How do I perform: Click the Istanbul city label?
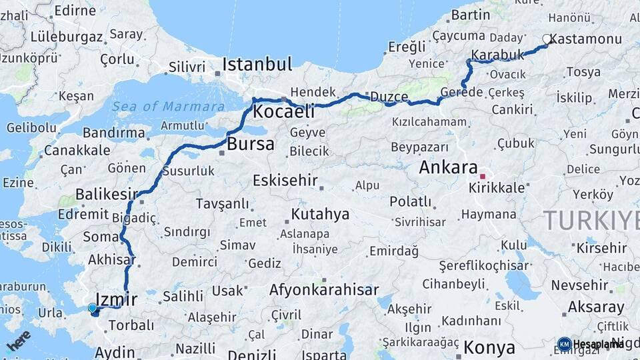pos(257,65)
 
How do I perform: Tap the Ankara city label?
pos(449,167)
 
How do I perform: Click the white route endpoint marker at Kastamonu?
pos(547,39)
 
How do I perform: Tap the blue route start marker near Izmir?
pos(92,308)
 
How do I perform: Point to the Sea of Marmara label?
pos(168,107)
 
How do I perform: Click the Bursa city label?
pos(251,144)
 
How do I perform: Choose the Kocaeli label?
pos(284,112)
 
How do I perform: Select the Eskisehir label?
pos(285,181)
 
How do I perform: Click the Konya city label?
pos(490,347)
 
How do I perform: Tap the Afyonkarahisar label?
pos(324,290)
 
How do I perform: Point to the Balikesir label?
pos(107,195)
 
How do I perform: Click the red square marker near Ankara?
pos(483,177)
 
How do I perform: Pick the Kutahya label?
pos(321,215)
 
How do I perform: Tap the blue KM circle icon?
pos(564,344)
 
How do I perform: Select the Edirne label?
pos(75,10)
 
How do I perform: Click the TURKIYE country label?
pos(591,220)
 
